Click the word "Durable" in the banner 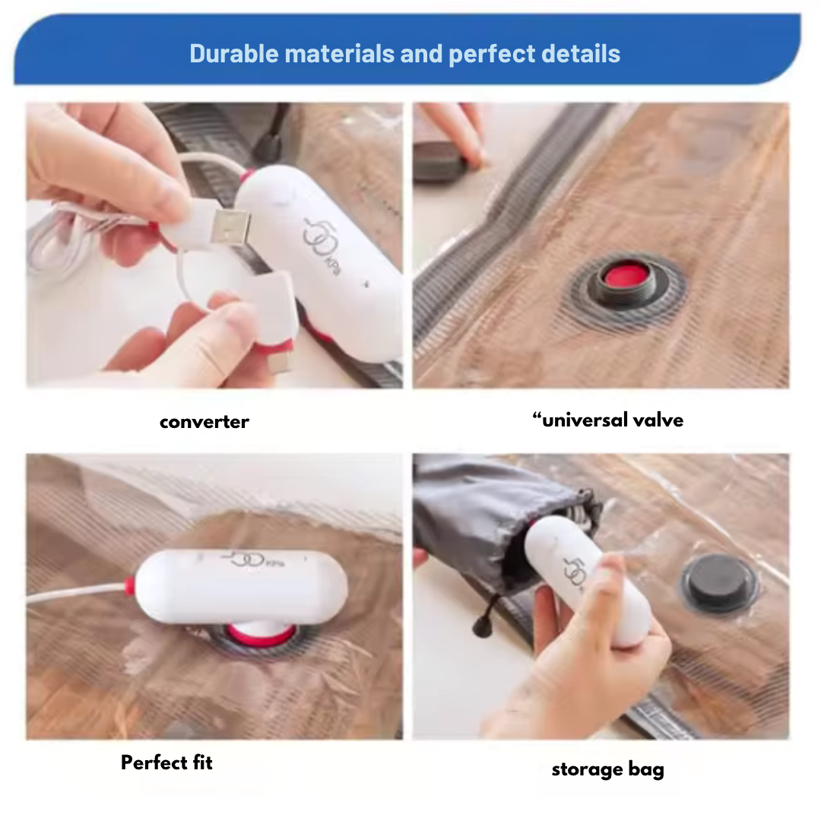(234, 53)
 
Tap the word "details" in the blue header (581, 53)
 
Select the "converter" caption (204, 421)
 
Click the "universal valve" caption (608, 420)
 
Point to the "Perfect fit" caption (166, 762)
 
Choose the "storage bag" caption (608, 769)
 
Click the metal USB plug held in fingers (230, 227)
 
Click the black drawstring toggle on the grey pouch (479, 626)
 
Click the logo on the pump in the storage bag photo (575, 572)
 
